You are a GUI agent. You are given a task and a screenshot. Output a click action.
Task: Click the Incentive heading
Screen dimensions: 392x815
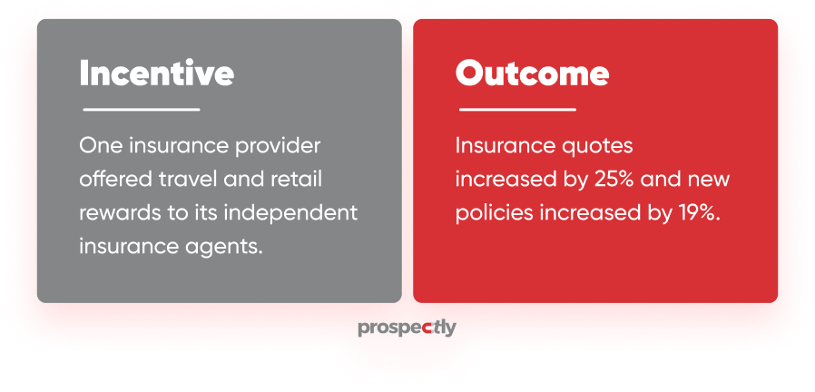click(x=156, y=73)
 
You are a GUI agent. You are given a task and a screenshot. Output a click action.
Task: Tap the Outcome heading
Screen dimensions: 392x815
click(x=532, y=73)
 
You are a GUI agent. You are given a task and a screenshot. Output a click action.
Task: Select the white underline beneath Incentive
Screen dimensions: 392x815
click(x=142, y=110)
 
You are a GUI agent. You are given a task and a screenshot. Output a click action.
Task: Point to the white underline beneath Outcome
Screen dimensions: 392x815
click(x=517, y=110)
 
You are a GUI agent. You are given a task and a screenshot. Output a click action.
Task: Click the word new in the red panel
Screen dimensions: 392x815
click(x=711, y=179)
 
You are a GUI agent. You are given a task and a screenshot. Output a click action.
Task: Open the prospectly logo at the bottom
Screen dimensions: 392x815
click(x=407, y=328)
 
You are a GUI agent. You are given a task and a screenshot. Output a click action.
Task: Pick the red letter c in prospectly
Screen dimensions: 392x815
click(x=428, y=328)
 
